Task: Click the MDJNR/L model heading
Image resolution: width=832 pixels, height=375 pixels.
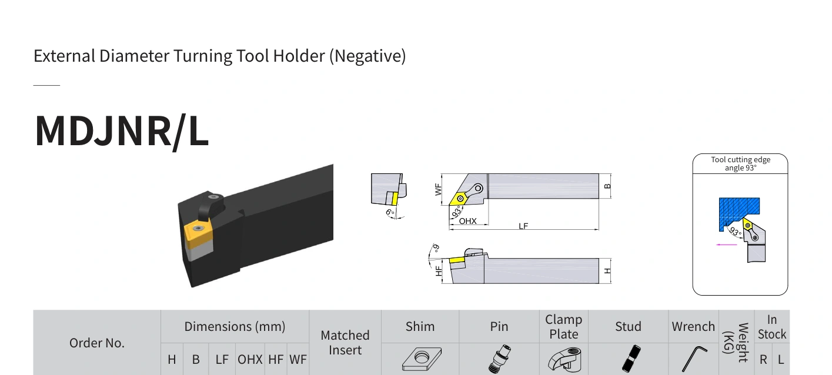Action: (x=122, y=131)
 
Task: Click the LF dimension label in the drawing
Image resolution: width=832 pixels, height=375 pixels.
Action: (x=523, y=226)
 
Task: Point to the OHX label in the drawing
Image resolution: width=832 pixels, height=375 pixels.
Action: (x=467, y=221)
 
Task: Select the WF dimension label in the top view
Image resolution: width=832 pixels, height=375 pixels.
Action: (x=438, y=189)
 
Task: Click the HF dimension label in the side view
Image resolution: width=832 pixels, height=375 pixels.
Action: (x=439, y=270)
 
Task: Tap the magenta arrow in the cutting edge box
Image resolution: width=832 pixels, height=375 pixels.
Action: (x=727, y=245)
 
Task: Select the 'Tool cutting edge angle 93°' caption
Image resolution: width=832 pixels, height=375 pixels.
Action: (x=741, y=164)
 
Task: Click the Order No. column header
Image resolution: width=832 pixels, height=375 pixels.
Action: (x=97, y=343)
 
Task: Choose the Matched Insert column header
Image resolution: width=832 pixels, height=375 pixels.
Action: (x=345, y=343)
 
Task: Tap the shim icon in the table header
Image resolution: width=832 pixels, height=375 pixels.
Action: (x=422, y=359)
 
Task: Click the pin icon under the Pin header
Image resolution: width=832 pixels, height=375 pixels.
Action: (x=499, y=359)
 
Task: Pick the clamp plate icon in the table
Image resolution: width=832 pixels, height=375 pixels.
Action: (x=564, y=359)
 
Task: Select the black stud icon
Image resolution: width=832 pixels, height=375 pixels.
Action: (x=631, y=359)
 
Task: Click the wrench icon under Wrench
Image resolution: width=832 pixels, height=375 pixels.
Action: (x=694, y=359)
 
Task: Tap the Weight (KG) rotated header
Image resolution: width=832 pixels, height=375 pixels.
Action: (x=736, y=342)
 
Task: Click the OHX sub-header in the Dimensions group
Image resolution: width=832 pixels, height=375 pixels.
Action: (x=250, y=359)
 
